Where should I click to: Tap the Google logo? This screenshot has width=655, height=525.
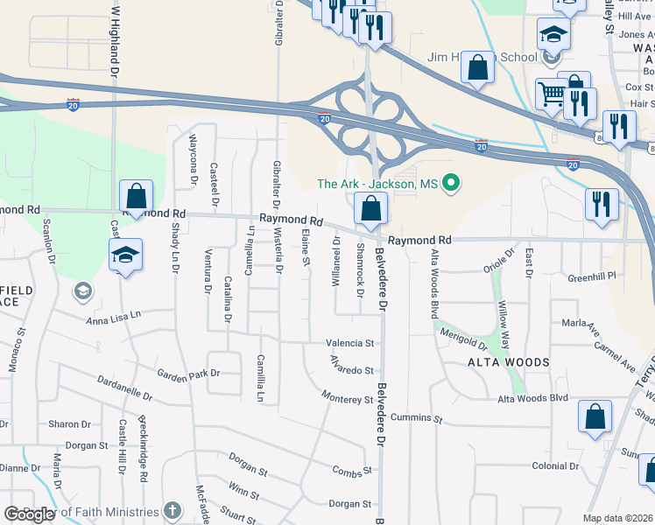(x=30, y=514)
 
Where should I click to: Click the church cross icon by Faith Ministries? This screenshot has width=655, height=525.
(x=173, y=510)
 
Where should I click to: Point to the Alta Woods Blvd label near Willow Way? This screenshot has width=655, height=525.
(x=532, y=399)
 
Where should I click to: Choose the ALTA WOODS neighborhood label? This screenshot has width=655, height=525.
(x=508, y=362)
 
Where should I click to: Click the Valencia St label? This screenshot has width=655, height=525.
(x=350, y=344)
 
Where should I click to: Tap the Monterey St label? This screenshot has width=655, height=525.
(x=348, y=399)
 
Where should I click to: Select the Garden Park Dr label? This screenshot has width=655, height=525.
(x=188, y=374)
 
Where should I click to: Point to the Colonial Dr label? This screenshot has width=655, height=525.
(x=555, y=466)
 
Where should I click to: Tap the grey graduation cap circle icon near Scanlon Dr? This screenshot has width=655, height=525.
(x=83, y=291)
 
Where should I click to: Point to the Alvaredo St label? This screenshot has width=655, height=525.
(x=352, y=368)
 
